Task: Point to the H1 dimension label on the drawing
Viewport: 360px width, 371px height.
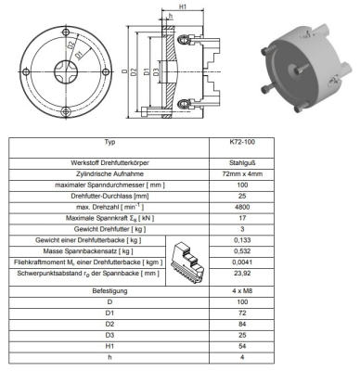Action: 184,8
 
